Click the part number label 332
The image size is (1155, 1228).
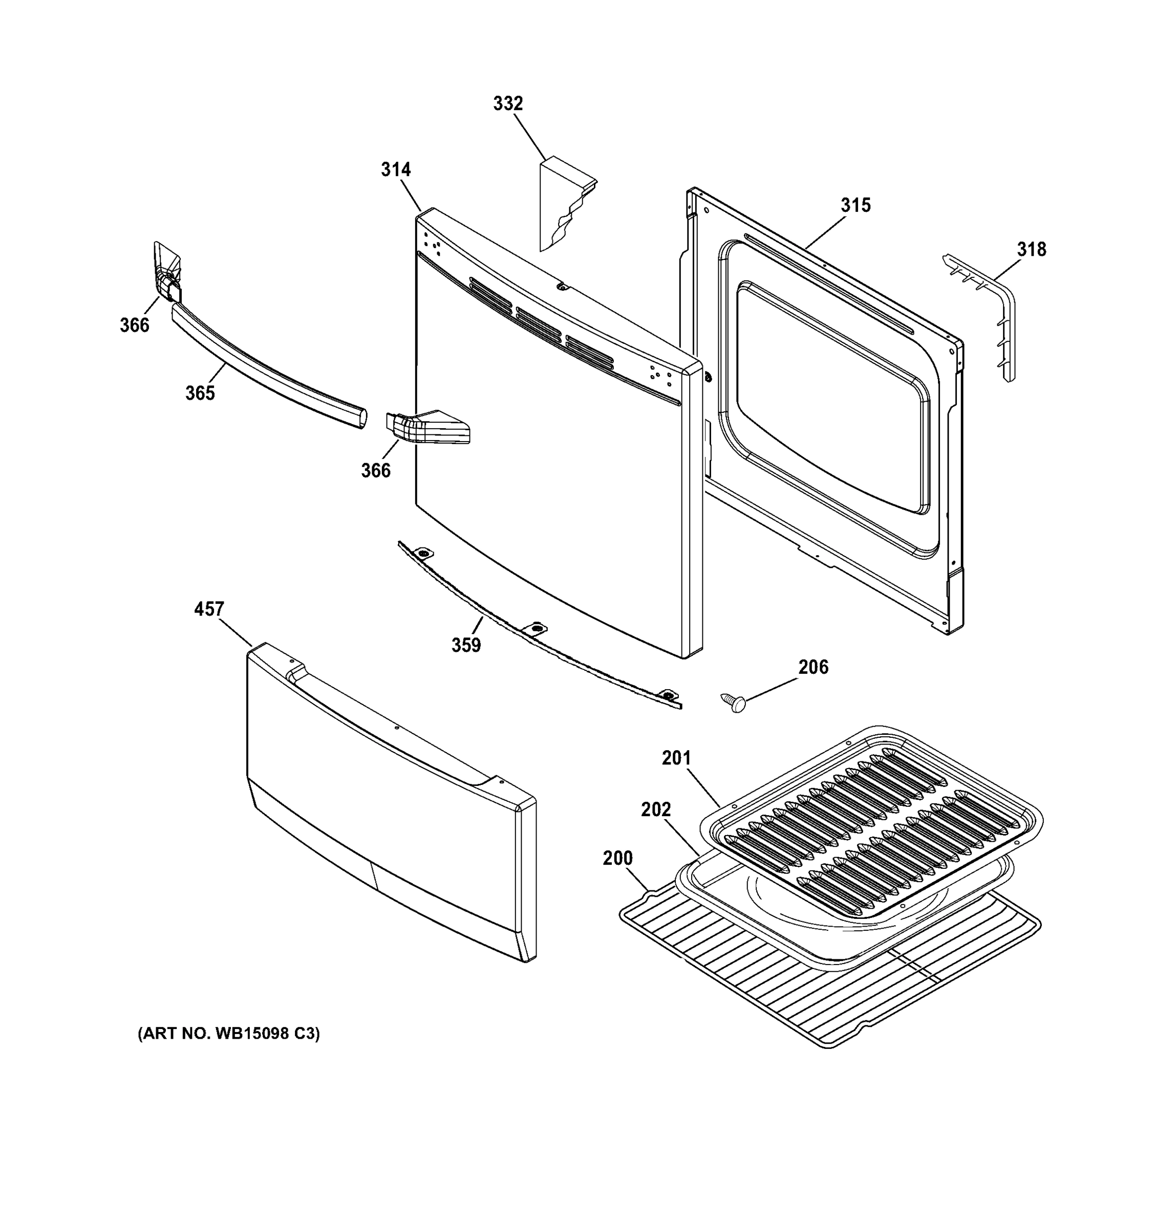pyautogui.click(x=507, y=104)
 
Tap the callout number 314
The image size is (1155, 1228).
pyautogui.click(x=396, y=169)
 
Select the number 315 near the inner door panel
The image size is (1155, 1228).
pyautogui.click(x=855, y=205)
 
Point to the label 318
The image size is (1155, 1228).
pyautogui.click(x=1032, y=250)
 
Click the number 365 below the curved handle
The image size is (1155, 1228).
pyautogui.click(x=200, y=393)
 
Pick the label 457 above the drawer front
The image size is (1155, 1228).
pyautogui.click(x=209, y=609)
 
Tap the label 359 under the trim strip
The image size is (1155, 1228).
pyautogui.click(x=466, y=645)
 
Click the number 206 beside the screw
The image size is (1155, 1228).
pyautogui.click(x=812, y=667)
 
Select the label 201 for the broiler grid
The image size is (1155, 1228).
pyautogui.click(x=676, y=758)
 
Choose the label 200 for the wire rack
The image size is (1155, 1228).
pyautogui.click(x=617, y=858)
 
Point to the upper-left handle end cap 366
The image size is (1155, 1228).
pyautogui.click(x=167, y=272)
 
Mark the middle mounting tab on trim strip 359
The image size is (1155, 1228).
pyautogui.click(x=535, y=629)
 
